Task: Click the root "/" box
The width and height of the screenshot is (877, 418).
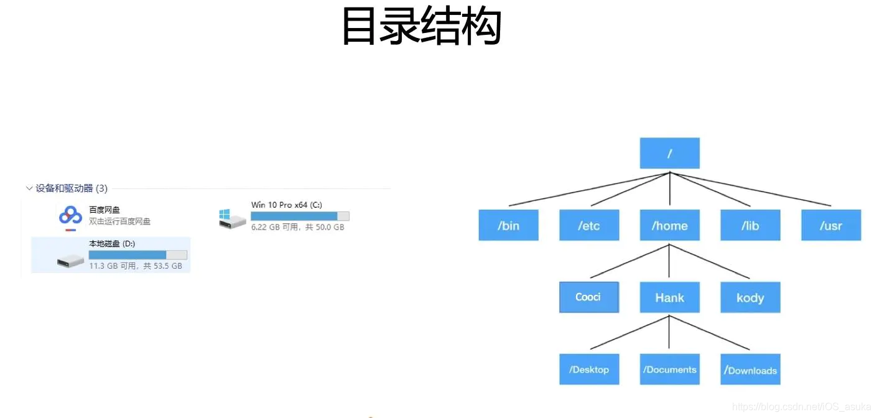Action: [669, 153]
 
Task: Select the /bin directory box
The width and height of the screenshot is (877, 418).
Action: [508, 225]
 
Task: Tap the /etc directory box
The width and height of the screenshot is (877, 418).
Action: [589, 225]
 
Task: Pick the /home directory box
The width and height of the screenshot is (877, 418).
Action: [669, 225]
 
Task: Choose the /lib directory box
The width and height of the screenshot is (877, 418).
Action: [750, 225]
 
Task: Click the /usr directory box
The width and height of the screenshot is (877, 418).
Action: [831, 225]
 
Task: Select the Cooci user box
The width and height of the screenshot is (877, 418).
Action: [588, 297]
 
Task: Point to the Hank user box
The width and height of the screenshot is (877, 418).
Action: [669, 297]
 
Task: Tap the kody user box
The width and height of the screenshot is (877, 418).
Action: [750, 297]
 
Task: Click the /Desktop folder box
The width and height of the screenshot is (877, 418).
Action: [588, 369]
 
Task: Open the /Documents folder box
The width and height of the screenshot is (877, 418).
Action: [669, 369]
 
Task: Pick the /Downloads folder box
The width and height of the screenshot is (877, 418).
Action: [750, 369]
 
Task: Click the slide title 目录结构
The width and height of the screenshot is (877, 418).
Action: [421, 26]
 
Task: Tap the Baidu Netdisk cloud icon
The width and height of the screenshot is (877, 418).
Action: [70, 216]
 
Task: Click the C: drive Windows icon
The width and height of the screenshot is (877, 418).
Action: [232, 218]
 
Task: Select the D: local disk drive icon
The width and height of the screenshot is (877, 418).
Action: [70, 261]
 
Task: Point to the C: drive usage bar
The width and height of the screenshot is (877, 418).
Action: [299, 216]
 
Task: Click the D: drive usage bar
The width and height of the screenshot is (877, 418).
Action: [137, 255]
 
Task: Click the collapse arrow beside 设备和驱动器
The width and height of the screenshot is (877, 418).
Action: [29, 188]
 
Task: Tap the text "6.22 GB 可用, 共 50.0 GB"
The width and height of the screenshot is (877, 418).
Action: [297, 228]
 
